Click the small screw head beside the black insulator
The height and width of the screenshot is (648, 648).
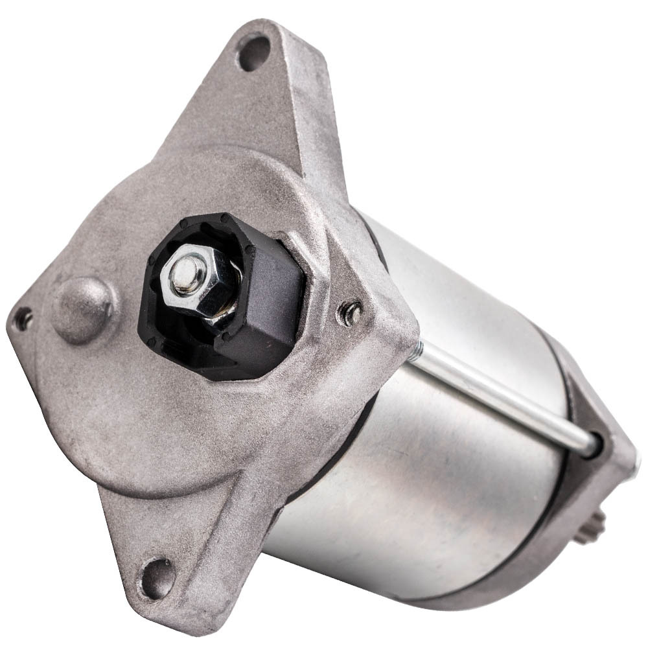coord(351,313)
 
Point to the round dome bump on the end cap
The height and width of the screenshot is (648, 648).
coord(84,310)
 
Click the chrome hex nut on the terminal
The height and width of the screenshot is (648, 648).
coord(198,279)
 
